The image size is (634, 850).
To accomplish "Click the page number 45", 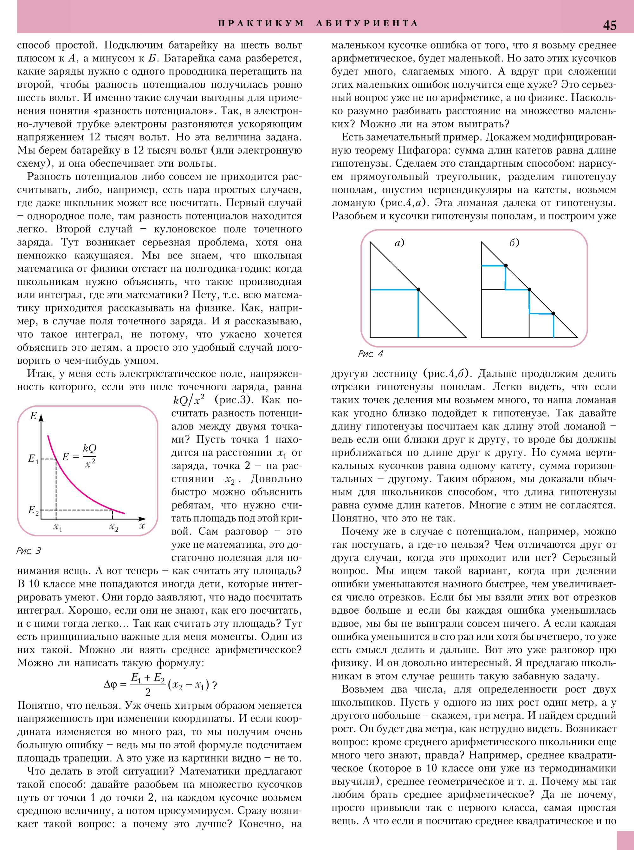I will [x=610, y=25].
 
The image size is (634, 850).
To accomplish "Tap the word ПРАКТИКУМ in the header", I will [x=261, y=23].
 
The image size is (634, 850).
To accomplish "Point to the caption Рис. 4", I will [x=370, y=354].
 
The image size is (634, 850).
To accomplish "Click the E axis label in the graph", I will [x=33, y=416].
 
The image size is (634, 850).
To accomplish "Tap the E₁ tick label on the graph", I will [x=33, y=458].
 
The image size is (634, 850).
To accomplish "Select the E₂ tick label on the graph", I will [x=33, y=510].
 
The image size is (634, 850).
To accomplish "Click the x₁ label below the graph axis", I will [x=58, y=528].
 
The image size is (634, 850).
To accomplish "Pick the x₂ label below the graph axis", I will [x=113, y=528].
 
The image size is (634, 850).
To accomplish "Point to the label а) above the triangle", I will [x=399, y=243].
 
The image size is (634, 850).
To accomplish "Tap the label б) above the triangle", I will [x=514, y=243].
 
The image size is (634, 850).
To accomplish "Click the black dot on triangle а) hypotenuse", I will [x=418, y=290].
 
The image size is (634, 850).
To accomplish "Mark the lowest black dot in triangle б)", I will [x=553, y=314].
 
